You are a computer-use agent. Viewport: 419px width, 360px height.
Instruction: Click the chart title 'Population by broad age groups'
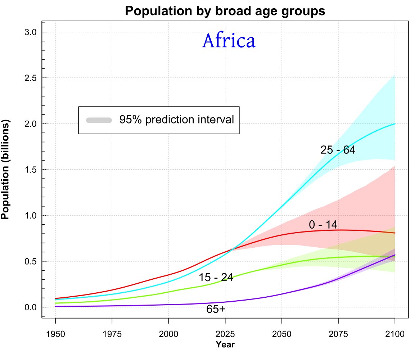coord(225,11)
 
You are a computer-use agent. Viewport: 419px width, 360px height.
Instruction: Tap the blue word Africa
coord(229,41)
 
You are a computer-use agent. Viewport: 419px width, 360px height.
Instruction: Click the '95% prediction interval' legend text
coord(177,120)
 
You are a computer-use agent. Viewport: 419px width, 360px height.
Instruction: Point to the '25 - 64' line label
coord(338,150)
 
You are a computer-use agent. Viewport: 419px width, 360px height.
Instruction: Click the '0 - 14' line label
coord(323,225)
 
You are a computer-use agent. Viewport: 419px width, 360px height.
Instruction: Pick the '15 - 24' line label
coord(216,278)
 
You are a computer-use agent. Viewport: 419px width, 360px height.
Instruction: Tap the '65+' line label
coord(216,309)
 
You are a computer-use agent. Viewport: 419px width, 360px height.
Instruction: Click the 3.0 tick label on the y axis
coord(31,32)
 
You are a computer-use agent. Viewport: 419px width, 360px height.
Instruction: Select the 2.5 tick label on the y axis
coord(31,78)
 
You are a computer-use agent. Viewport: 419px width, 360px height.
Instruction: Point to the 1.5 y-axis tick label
coord(31,170)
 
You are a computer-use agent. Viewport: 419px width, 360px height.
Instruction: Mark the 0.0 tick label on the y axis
coord(31,307)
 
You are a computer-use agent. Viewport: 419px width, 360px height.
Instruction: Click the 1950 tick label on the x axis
coord(55,334)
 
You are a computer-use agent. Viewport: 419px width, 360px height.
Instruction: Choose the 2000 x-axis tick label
coord(168,334)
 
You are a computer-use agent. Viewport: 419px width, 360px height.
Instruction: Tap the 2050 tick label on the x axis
coord(282,334)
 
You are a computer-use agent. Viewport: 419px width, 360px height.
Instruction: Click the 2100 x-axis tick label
coord(395,334)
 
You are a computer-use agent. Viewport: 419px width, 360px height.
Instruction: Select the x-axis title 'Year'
coord(225,345)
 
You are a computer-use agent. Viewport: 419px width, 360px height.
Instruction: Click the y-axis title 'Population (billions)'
coord(5,169)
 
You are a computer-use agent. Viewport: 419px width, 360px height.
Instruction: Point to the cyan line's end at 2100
coord(395,124)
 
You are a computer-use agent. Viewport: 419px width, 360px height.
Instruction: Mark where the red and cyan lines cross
coord(233,248)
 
